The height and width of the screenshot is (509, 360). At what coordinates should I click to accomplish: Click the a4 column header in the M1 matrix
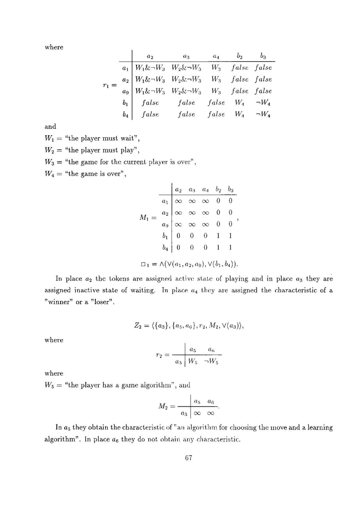point(208,189)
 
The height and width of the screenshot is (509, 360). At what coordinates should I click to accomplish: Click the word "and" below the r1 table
point(50,127)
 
